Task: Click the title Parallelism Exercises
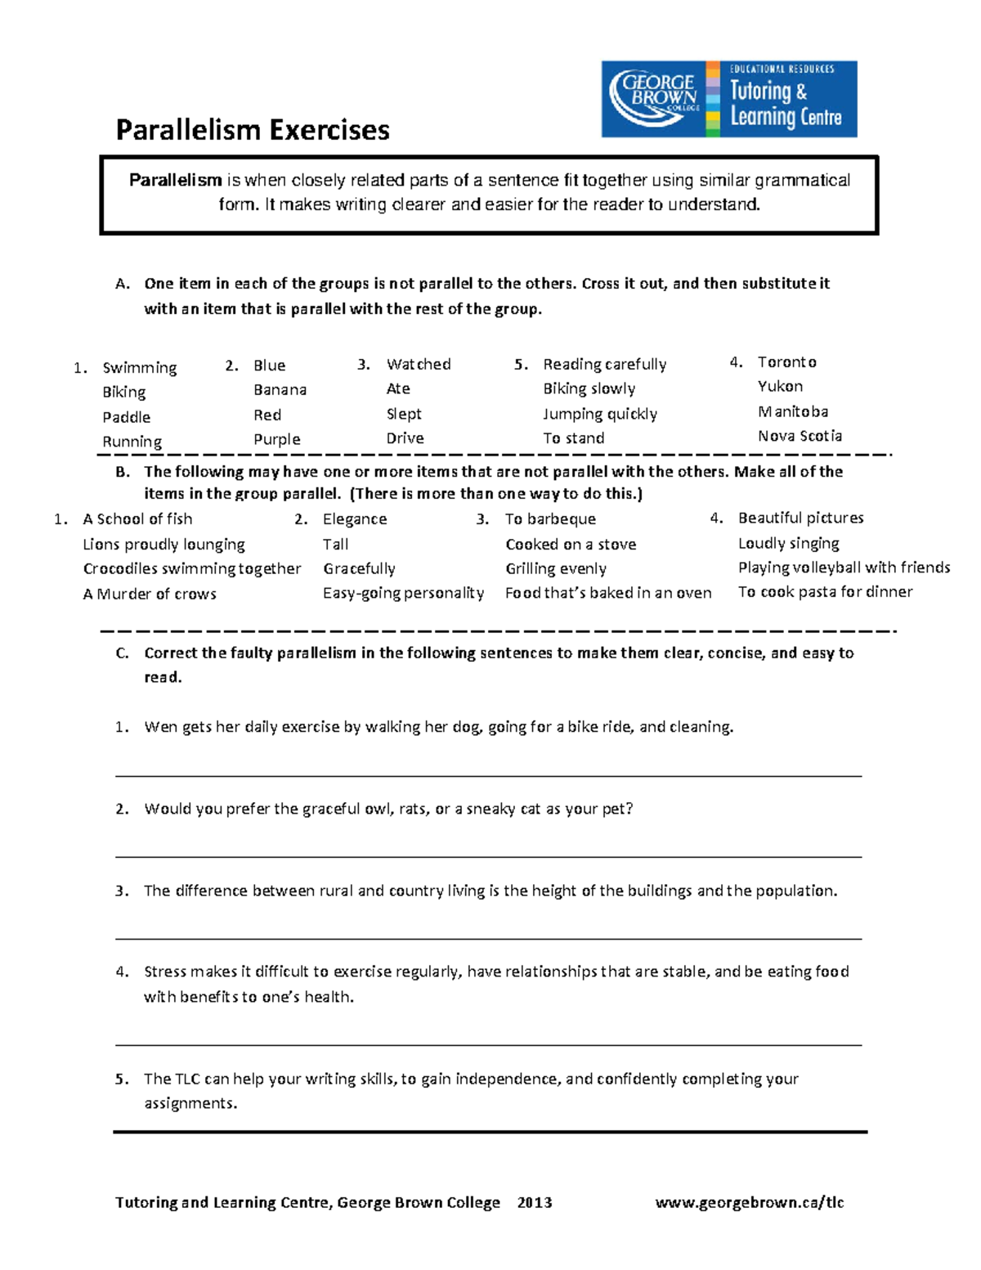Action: (x=253, y=130)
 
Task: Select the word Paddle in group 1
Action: (x=126, y=417)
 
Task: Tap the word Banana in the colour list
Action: (x=280, y=390)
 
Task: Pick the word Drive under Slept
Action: (x=405, y=438)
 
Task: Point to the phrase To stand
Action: (x=573, y=438)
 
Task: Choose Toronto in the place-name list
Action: (x=786, y=362)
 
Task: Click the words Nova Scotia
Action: (x=799, y=436)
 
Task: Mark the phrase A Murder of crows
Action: (x=150, y=594)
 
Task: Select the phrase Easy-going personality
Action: (x=403, y=593)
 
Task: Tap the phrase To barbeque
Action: (x=550, y=519)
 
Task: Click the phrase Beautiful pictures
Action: (x=800, y=518)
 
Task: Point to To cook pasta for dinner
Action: (x=825, y=591)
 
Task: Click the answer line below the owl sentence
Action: (x=488, y=856)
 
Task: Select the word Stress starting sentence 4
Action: (x=165, y=972)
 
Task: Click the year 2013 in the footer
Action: (x=535, y=1202)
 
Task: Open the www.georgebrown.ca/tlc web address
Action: (x=749, y=1202)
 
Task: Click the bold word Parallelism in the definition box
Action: (x=175, y=181)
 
